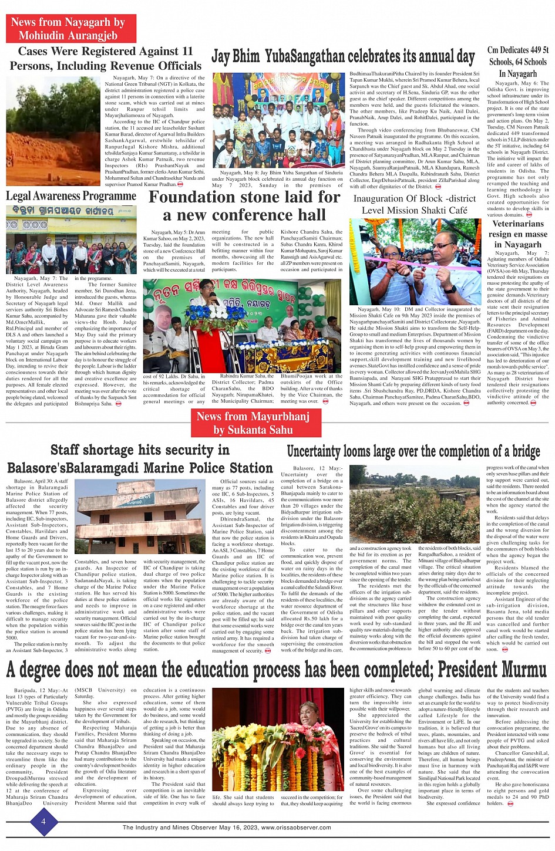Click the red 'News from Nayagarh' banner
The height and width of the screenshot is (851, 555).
(x=70, y=29)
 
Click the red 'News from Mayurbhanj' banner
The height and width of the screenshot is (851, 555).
(x=253, y=423)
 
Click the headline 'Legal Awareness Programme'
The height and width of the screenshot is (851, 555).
(x=71, y=196)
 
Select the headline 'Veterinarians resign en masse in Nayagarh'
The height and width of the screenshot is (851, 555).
(x=518, y=234)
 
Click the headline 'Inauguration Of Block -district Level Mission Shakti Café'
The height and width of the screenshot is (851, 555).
(x=415, y=204)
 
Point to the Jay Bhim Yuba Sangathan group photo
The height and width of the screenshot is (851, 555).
(x=278, y=120)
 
